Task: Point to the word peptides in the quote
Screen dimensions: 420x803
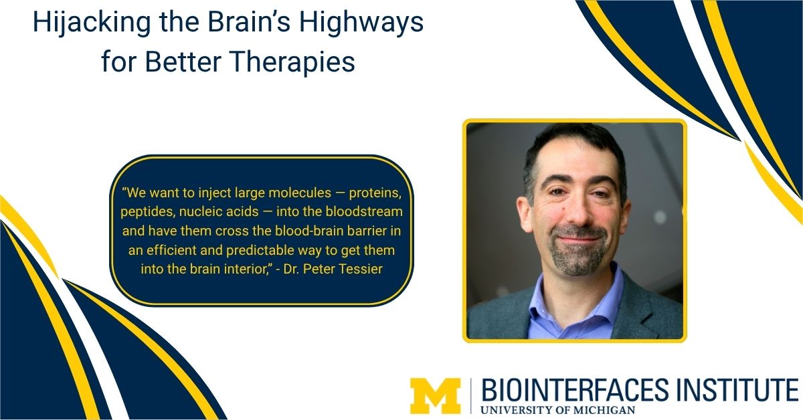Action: [146, 212]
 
